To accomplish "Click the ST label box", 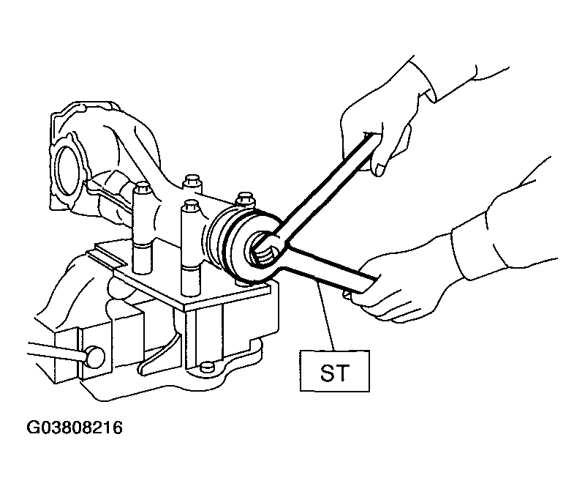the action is (335, 370).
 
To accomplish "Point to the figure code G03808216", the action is (75, 428).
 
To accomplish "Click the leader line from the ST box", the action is (324, 316).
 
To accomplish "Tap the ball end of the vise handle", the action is (96, 357).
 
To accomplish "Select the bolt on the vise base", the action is (207, 367).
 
